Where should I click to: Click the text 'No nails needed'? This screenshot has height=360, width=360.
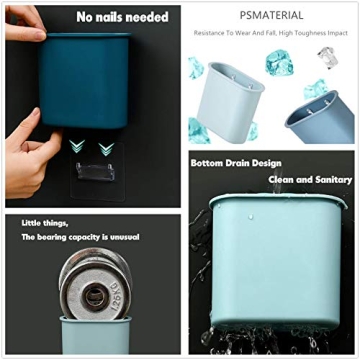(122, 16)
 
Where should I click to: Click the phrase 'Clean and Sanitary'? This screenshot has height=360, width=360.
(311, 180)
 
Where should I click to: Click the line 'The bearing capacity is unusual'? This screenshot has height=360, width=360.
(80, 237)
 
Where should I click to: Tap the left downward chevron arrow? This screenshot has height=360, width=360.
(76, 147)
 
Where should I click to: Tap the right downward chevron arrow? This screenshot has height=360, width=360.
(105, 148)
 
